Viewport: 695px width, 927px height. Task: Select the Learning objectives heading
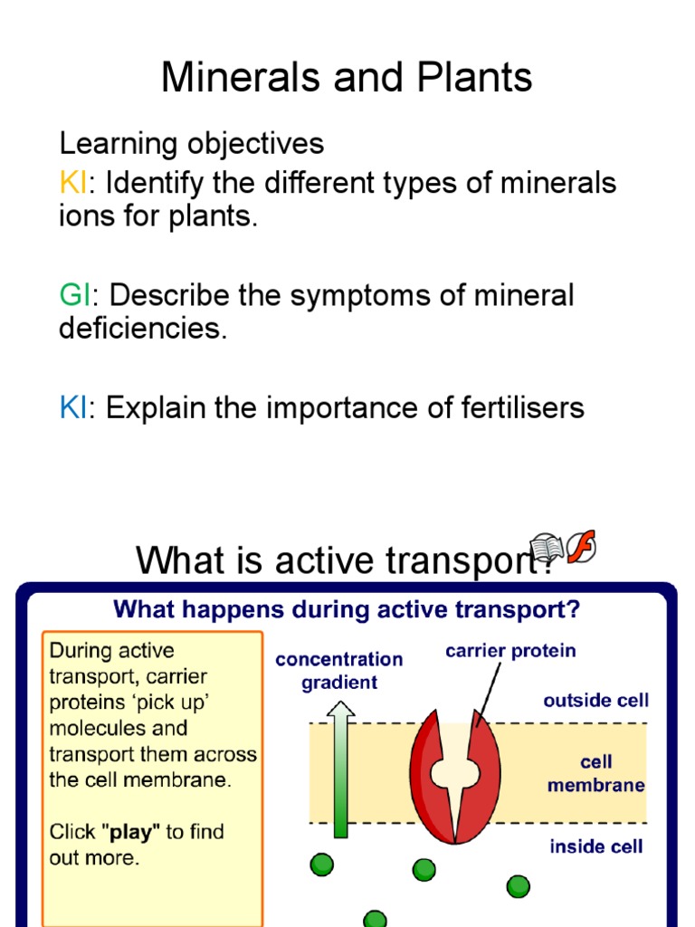click(191, 143)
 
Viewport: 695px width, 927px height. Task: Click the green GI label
click(75, 295)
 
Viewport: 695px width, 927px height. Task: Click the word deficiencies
click(141, 328)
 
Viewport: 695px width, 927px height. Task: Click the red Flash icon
click(580, 546)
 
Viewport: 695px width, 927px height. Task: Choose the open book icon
click(547, 547)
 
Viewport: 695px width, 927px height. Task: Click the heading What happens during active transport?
click(346, 609)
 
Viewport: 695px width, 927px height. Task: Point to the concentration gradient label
click(338, 670)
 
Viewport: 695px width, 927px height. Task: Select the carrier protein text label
click(510, 650)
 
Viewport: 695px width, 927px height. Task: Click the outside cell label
click(595, 700)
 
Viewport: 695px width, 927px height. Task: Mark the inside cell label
click(595, 846)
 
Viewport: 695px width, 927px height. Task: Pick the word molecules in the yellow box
click(92, 728)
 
